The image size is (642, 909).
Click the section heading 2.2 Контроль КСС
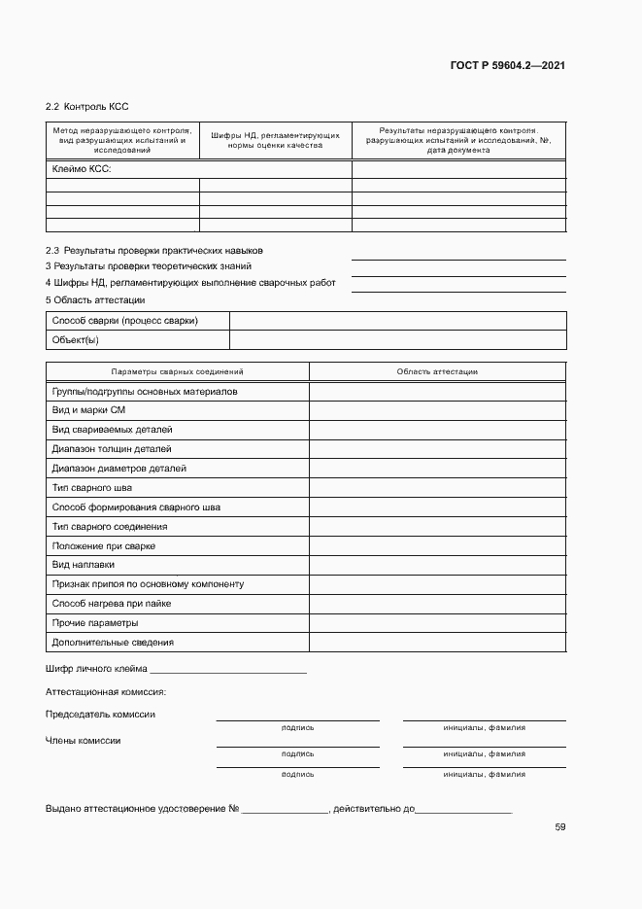[x=87, y=106]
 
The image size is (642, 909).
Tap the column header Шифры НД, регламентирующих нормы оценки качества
[x=275, y=139]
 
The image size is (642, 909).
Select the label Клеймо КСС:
[x=81, y=169]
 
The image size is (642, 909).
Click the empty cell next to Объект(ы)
[x=397, y=340]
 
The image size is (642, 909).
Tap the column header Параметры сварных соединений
[x=177, y=371]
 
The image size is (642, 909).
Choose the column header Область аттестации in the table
[x=437, y=371]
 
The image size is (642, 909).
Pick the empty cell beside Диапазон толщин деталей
[x=437, y=449]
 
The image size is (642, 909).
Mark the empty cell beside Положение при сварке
[x=437, y=545]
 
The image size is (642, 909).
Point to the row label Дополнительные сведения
[x=113, y=643]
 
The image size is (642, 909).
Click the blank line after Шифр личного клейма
[x=228, y=669]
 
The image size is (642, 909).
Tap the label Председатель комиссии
[x=100, y=715]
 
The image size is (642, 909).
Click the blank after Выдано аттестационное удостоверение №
[x=285, y=809]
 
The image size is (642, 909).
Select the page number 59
[x=560, y=827]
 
